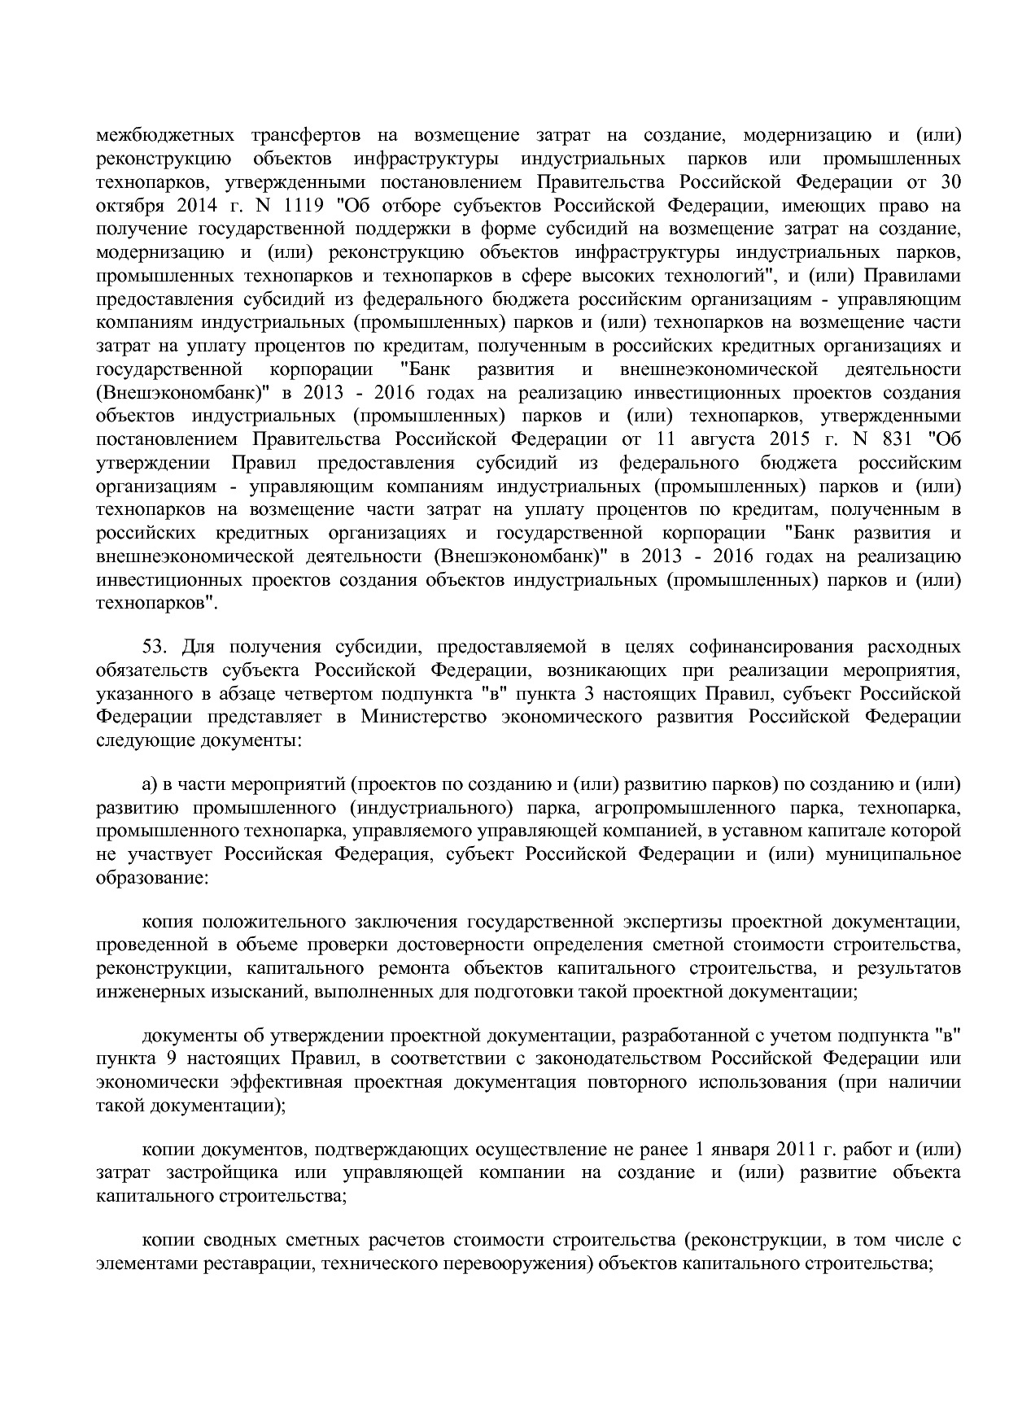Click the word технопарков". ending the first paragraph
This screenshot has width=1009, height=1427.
click(156, 604)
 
